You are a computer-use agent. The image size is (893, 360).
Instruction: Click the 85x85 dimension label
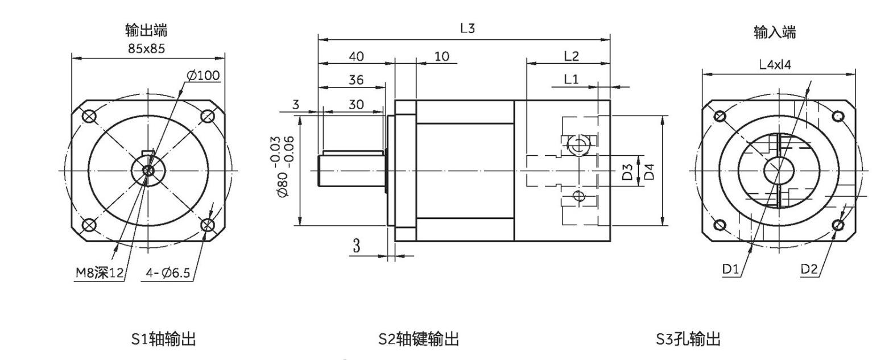click(146, 48)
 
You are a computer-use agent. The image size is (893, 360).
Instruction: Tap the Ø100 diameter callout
click(203, 76)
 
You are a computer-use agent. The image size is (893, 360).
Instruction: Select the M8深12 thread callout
click(100, 274)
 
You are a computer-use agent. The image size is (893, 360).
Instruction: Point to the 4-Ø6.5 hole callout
click(168, 274)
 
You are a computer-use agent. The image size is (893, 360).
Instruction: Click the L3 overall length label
click(467, 29)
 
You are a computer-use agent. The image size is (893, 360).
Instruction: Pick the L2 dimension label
click(571, 56)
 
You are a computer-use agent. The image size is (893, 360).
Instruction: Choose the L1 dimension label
click(571, 80)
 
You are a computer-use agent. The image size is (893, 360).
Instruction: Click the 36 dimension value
click(356, 80)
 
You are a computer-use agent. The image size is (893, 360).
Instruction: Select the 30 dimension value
click(356, 104)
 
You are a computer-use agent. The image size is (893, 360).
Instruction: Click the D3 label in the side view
click(627, 172)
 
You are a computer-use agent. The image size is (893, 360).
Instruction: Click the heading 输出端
click(146, 30)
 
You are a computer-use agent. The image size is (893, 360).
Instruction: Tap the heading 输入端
click(775, 32)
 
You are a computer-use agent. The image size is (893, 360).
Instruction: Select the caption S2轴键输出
click(419, 340)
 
